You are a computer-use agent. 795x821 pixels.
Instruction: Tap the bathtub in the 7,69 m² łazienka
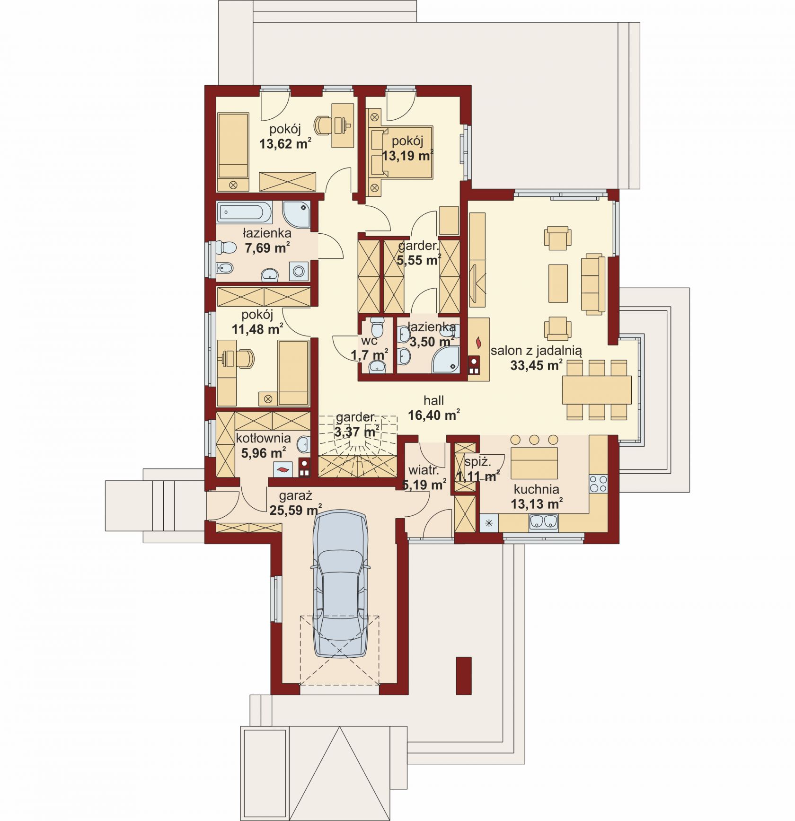(x=245, y=212)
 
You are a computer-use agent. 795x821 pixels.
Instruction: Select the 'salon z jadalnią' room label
(x=536, y=351)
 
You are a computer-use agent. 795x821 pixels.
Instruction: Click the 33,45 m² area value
(x=536, y=365)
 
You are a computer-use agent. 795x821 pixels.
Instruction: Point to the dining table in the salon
(x=596, y=389)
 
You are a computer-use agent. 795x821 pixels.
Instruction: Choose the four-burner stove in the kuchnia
(x=598, y=484)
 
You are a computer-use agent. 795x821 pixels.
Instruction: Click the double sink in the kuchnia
(x=544, y=521)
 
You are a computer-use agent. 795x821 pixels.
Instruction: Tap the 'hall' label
(x=433, y=400)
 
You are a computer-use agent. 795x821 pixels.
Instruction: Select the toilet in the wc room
(x=377, y=326)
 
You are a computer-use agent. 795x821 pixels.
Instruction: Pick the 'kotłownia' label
(x=263, y=438)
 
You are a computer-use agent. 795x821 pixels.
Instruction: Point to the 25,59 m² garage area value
(x=296, y=510)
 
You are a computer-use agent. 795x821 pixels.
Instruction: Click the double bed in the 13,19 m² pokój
(x=400, y=152)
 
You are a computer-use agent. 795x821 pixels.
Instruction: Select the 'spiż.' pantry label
(x=477, y=462)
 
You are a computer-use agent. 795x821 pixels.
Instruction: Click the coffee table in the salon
(x=558, y=283)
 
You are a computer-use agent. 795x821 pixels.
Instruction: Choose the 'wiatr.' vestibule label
(x=424, y=470)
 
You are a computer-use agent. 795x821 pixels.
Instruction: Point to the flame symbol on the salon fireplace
(x=478, y=341)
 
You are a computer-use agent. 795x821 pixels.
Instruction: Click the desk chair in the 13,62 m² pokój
(x=325, y=125)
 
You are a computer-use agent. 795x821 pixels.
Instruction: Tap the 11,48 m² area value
(x=257, y=329)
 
